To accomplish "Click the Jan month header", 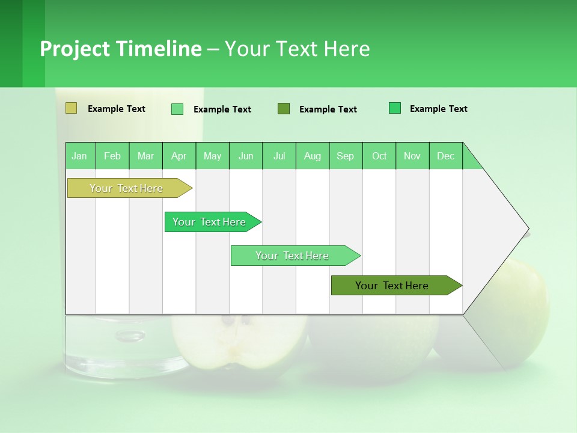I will (x=80, y=156).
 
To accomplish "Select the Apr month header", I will (x=179, y=156).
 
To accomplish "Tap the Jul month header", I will (x=279, y=156).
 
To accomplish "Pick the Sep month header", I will (x=345, y=156).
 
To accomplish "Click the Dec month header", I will (x=445, y=156).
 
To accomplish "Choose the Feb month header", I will (x=112, y=156).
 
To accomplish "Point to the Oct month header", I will (x=379, y=156).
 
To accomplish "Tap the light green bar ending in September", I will (x=293, y=256).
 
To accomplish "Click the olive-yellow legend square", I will (x=71, y=108).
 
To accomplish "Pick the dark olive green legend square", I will (x=284, y=108).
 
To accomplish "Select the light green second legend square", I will (x=177, y=109).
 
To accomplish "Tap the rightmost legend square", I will (x=395, y=108).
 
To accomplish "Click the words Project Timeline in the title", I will (x=120, y=49).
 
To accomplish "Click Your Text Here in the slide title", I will (x=297, y=49).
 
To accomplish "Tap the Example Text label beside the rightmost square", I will (x=438, y=109).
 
